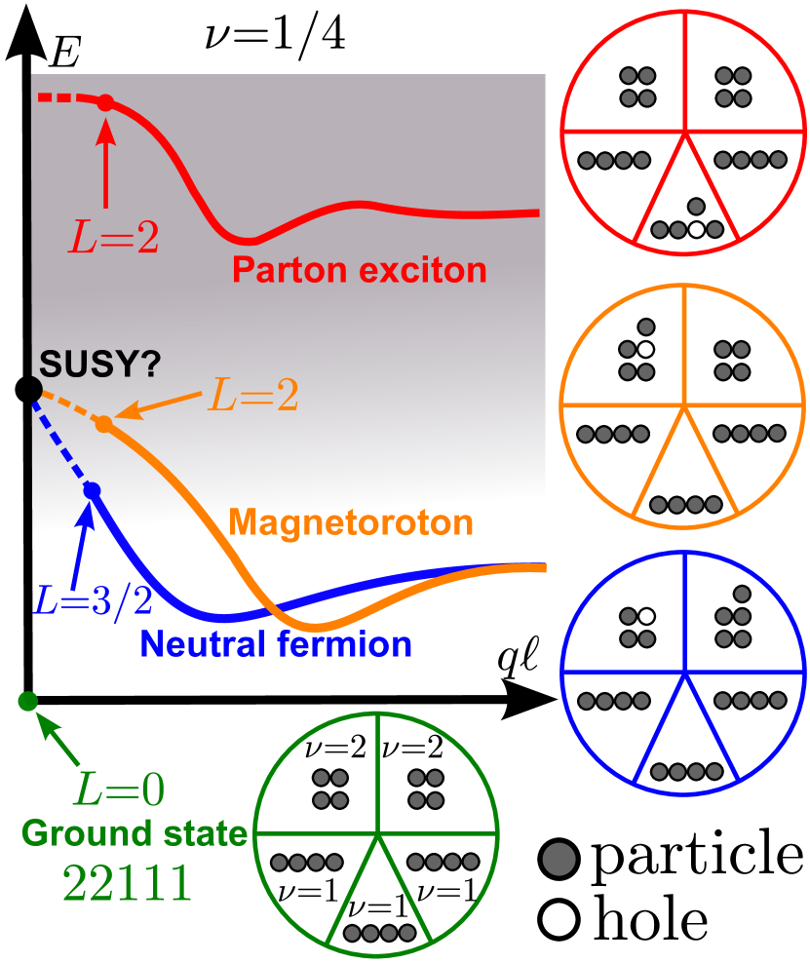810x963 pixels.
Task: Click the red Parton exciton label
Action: click(360, 269)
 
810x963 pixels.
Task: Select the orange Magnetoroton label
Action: click(351, 522)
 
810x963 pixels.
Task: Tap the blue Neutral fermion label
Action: click(276, 643)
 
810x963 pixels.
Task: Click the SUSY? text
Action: click(99, 365)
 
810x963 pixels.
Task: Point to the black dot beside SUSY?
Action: click(30, 390)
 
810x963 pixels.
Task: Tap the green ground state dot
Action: click(28, 701)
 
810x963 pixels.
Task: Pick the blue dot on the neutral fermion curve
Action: click(92, 490)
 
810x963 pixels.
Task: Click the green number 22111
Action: click(127, 883)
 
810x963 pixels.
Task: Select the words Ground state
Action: click(135, 834)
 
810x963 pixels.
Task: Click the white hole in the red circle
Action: click(695, 230)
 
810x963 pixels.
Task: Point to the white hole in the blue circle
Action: click(644, 616)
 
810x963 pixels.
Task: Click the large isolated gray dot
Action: click(559, 859)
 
